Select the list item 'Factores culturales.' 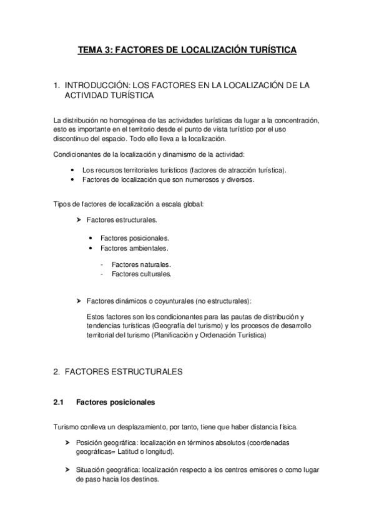[x=142, y=274]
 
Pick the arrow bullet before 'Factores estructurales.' [x=79, y=220]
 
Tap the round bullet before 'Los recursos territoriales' [x=74, y=171]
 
